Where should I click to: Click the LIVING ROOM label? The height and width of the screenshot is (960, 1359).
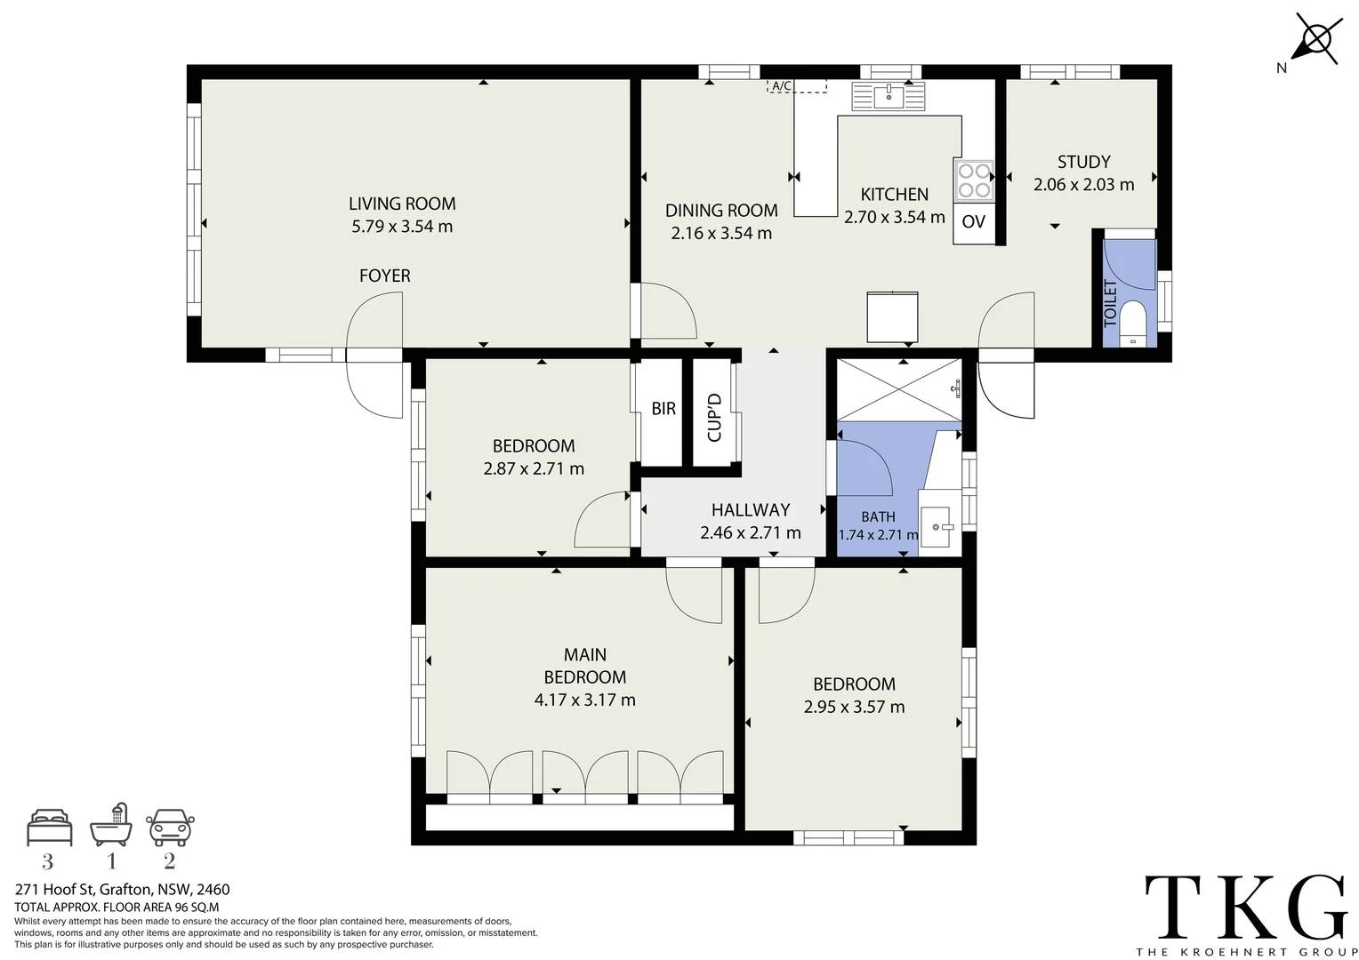pos(402,204)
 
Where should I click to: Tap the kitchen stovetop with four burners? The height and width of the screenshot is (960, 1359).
pos(973,180)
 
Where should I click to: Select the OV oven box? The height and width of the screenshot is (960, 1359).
pos(974,222)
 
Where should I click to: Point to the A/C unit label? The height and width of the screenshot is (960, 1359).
pos(782,86)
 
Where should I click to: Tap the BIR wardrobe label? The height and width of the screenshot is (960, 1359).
pos(663,409)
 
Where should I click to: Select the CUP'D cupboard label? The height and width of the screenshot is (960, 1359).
pos(714,417)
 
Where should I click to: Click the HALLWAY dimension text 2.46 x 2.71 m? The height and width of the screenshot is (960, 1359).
pos(750,533)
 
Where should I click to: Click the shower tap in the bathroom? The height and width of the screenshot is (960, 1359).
pos(956,388)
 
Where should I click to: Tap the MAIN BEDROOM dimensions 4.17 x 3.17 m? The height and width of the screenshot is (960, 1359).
pos(584,700)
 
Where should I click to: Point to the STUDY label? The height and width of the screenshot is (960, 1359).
pos(1083,162)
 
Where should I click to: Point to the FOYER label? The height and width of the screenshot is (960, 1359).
pos(384,276)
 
